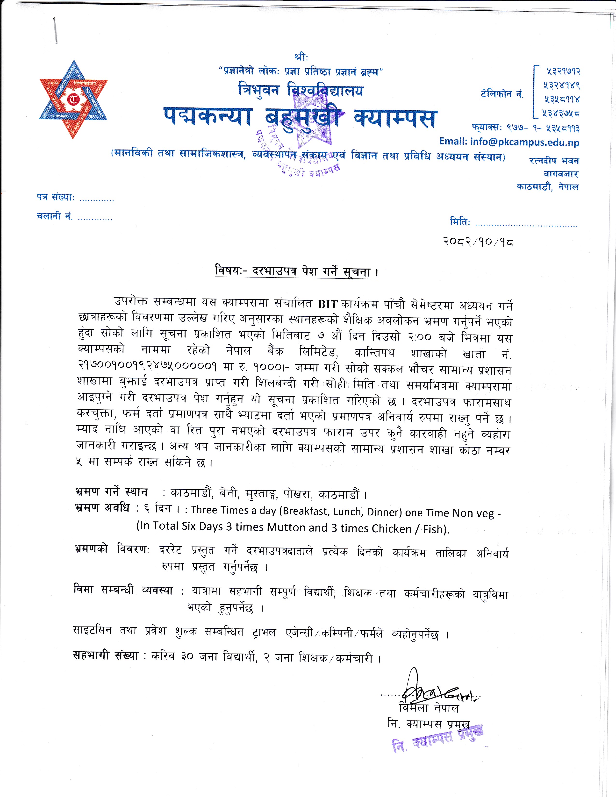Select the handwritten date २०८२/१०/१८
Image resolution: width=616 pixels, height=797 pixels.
coord(478,242)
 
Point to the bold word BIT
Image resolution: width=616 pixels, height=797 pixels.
coord(327,304)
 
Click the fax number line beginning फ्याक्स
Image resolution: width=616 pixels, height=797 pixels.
coord(525,128)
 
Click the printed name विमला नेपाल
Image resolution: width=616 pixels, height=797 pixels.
coord(429,708)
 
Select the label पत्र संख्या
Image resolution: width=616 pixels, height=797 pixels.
coord(56,197)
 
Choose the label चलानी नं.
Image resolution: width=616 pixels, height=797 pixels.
coord(54,216)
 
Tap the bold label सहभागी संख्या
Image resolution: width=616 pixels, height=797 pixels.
coord(106,656)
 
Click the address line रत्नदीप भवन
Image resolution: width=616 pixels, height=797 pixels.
coord(554,161)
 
